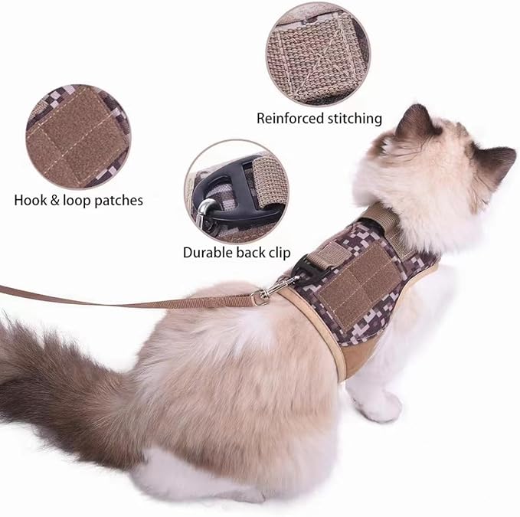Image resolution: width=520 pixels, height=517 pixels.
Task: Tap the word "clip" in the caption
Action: click(x=278, y=251)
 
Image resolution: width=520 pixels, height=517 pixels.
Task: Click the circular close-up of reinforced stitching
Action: click(x=318, y=54)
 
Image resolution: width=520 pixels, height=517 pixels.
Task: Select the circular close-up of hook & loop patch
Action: click(x=78, y=136)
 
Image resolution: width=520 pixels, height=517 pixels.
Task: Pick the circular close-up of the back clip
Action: click(x=237, y=191)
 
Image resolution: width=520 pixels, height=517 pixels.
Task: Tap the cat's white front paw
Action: click(x=381, y=406)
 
